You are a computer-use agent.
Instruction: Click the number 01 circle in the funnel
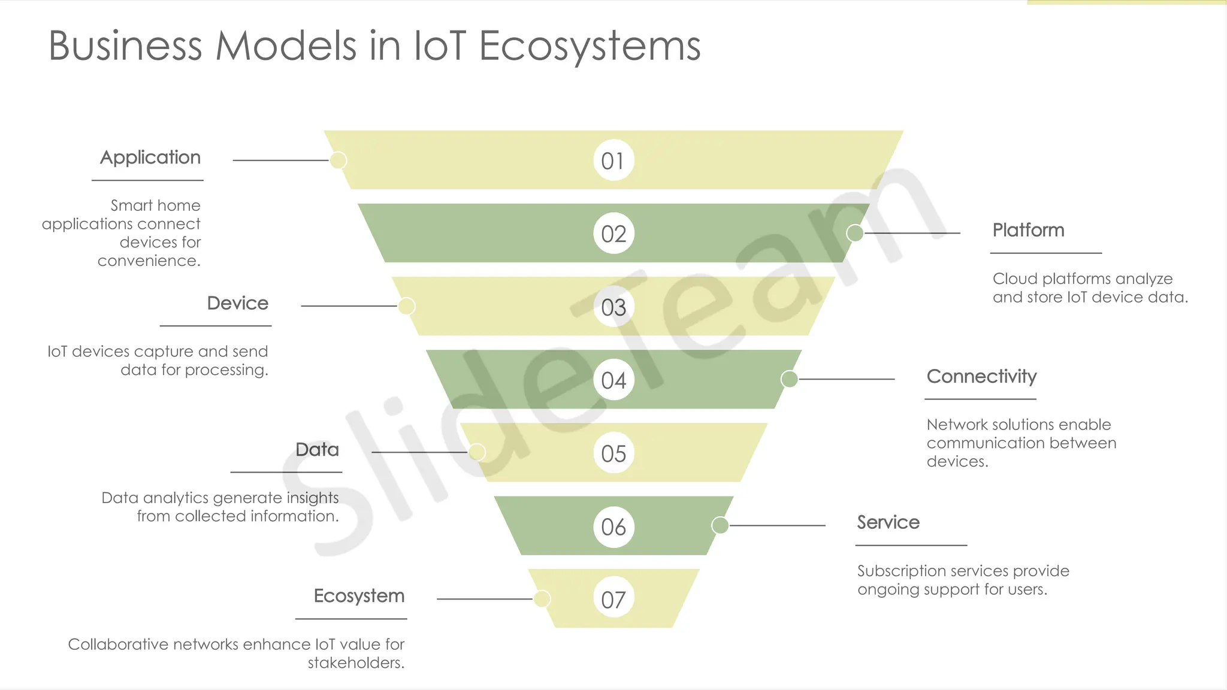(x=613, y=161)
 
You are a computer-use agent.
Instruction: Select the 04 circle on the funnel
(x=613, y=380)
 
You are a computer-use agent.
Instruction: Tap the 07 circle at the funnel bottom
(x=613, y=599)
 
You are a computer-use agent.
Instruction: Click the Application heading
(x=150, y=158)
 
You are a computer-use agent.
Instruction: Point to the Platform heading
(x=1028, y=231)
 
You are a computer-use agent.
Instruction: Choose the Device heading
(x=237, y=304)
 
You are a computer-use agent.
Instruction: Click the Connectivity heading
(x=981, y=377)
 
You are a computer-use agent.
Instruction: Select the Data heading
(x=317, y=450)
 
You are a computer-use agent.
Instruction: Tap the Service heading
(x=888, y=523)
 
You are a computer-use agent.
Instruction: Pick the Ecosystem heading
(x=359, y=596)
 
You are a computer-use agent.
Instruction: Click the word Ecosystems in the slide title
(x=590, y=47)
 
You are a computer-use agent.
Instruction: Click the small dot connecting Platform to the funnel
(x=855, y=233)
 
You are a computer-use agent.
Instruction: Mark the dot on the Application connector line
(x=339, y=161)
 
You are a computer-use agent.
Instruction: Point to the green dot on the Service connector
(x=720, y=525)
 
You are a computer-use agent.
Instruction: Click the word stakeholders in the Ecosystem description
(x=356, y=663)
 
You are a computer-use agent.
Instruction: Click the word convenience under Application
(x=149, y=261)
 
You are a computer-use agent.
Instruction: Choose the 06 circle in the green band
(x=613, y=526)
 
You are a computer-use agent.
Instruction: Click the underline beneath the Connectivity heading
(x=980, y=399)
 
